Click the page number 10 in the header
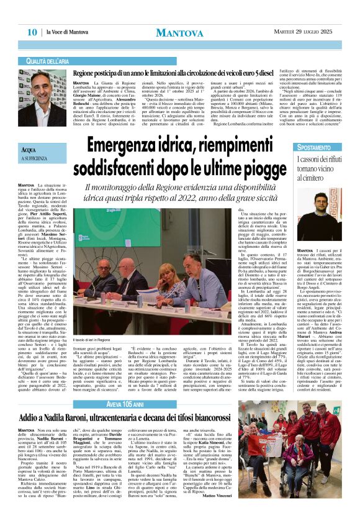pos(32,32)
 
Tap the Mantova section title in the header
pos(180,32)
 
